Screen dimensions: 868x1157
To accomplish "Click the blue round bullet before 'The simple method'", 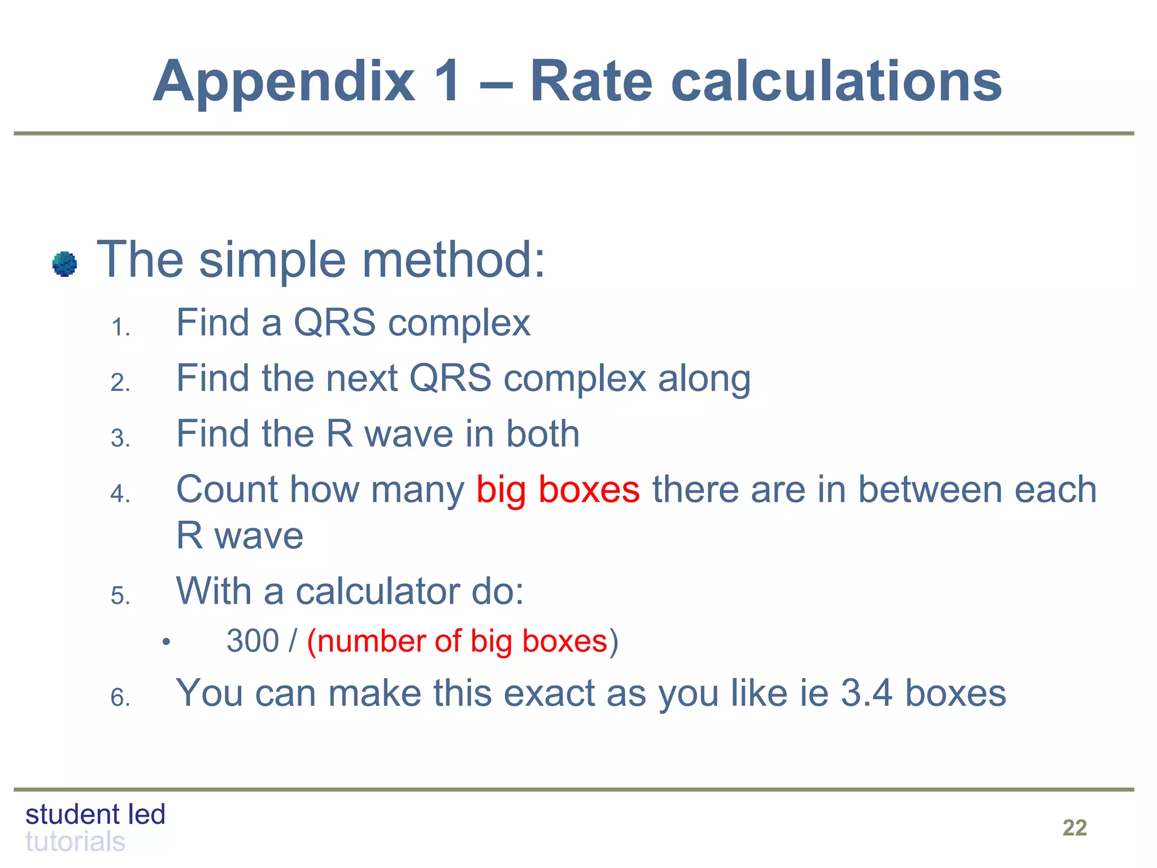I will [64, 264].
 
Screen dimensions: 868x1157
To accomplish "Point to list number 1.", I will [120, 328].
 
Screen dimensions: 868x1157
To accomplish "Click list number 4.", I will [120, 494].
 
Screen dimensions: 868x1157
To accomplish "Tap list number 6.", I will [120, 698].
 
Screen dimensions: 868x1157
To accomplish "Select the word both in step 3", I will [542, 433].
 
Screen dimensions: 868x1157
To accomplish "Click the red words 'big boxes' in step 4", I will [558, 489].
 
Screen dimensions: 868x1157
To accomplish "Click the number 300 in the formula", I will [253, 641].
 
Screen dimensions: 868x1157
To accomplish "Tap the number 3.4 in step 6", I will [867, 693].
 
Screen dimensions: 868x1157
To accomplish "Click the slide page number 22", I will [1074, 828].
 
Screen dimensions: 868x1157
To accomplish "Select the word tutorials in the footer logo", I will [75, 842].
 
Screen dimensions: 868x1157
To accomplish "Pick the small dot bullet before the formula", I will [166, 642].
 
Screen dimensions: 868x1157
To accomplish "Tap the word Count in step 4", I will [227, 489].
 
